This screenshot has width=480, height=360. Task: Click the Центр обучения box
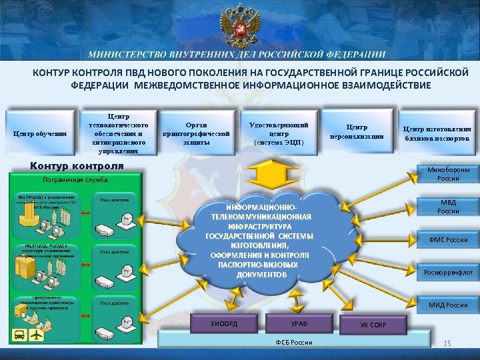click(x=41, y=132)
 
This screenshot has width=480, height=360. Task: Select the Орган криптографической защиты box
click(x=196, y=133)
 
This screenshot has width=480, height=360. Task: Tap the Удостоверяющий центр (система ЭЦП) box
click(x=278, y=133)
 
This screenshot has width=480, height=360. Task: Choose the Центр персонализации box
click(x=356, y=131)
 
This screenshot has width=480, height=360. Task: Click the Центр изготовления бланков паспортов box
click(x=437, y=133)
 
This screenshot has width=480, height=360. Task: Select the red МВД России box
click(x=447, y=206)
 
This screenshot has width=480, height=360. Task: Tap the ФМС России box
click(x=447, y=239)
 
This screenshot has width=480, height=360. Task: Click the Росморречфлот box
click(x=447, y=272)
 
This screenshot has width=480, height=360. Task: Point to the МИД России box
click(x=447, y=305)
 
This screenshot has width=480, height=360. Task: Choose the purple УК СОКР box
click(x=373, y=325)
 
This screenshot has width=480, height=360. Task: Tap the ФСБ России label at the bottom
click(x=294, y=342)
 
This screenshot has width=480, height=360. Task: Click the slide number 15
click(x=447, y=343)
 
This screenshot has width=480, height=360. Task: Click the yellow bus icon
click(x=19, y=333)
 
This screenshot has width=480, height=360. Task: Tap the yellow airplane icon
click(x=37, y=333)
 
